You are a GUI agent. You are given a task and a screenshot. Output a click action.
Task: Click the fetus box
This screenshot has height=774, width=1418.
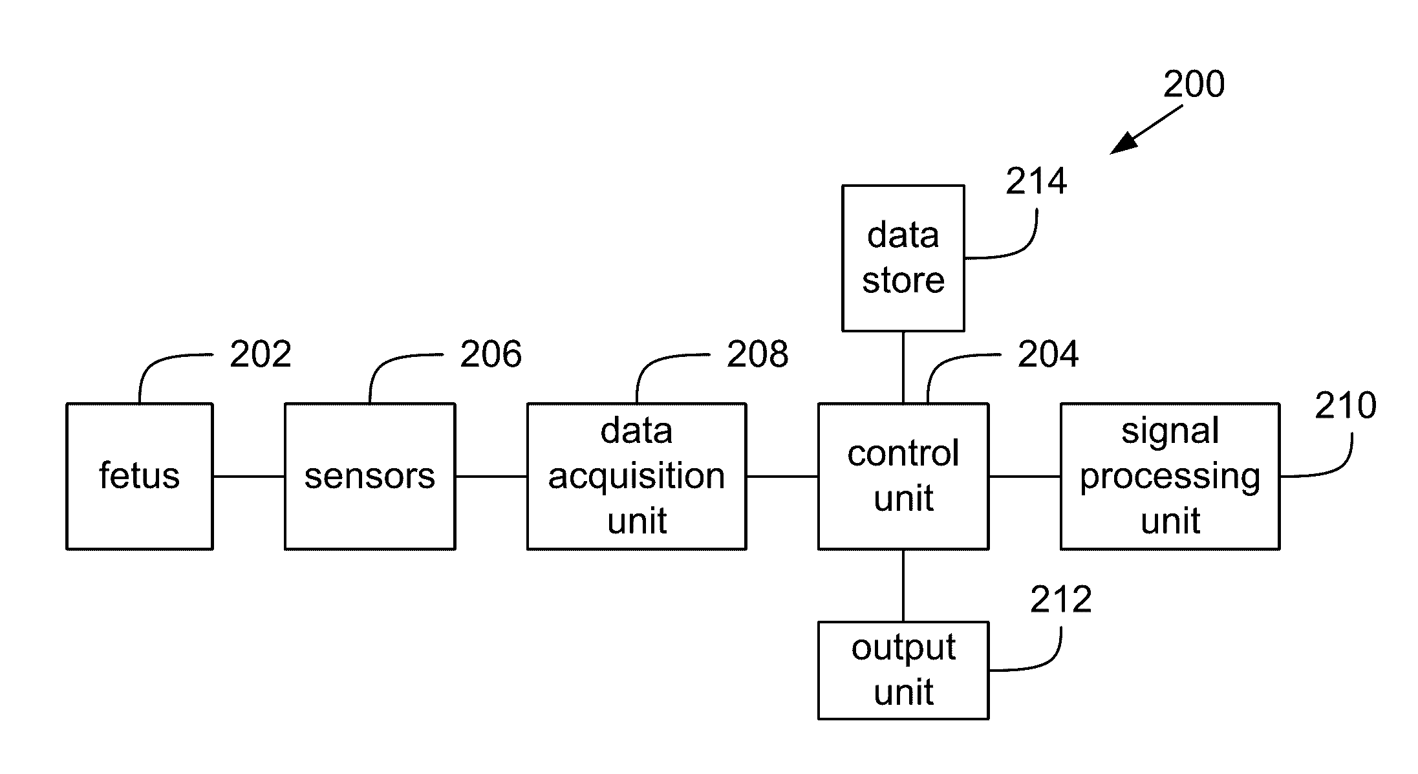pyautogui.click(x=140, y=477)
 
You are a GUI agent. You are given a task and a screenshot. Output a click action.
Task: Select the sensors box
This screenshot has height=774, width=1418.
pyautogui.click(x=370, y=477)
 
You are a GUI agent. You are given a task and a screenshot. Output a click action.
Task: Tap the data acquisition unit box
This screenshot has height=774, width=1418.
pyautogui.click(x=637, y=477)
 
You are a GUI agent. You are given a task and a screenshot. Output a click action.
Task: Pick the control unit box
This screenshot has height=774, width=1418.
pyautogui.click(x=903, y=477)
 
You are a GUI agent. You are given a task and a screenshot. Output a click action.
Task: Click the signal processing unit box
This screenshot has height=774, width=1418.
pyautogui.click(x=1170, y=477)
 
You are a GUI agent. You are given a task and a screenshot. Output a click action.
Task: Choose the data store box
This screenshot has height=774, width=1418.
pyautogui.click(x=903, y=258)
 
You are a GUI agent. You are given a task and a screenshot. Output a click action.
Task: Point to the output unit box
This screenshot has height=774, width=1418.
pyautogui.click(x=903, y=671)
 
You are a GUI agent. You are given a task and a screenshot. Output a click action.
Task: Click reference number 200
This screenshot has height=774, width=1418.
pyautogui.click(x=1194, y=85)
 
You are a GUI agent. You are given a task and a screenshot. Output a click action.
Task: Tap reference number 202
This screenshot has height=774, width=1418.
pyautogui.click(x=261, y=354)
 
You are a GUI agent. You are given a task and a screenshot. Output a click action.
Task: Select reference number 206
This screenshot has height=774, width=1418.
pyautogui.click(x=491, y=354)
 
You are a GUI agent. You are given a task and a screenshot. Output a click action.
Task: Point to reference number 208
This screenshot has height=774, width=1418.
pyautogui.click(x=758, y=354)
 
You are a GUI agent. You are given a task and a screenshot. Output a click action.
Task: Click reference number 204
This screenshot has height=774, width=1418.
pyautogui.click(x=1048, y=354)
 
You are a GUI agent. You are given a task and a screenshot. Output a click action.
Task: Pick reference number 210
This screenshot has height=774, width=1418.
pyautogui.click(x=1346, y=406)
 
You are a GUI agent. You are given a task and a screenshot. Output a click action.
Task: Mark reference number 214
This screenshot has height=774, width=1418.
pyautogui.click(x=1037, y=181)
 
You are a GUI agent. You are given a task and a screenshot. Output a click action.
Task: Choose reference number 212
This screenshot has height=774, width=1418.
pyautogui.click(x=1061, y=600)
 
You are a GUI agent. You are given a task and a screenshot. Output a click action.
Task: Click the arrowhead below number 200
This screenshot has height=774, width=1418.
pyautogui.click(x=1124, y=144)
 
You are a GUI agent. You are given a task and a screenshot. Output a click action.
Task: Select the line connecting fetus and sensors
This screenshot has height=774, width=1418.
pyautogui.click(x=249, y=477)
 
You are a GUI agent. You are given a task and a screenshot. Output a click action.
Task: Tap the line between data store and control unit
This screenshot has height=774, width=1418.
pyautogui.click(x=903, y=367)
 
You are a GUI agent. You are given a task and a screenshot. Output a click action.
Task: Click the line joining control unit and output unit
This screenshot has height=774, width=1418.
pyautogui.click(x=903, y=586)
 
